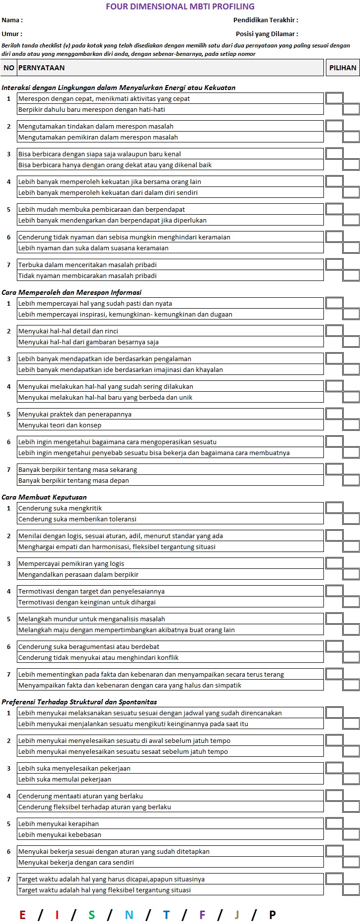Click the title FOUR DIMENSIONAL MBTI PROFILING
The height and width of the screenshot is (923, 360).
[x=180, y=6]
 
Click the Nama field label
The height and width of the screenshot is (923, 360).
[x=12, y=20]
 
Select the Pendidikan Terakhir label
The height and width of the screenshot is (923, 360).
[x=266, y=20]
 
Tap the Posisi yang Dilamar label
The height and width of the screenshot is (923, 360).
[x=267, y=34]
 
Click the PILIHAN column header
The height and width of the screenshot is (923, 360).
[x=342, y=68]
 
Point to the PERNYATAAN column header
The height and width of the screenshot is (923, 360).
[x=42, y=68]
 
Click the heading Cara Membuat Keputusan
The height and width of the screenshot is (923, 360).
[x=44, y=497]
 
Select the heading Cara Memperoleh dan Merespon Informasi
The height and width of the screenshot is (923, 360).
[x=71, y=292]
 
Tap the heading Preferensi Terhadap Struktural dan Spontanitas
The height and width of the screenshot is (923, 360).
[x=79, y=702]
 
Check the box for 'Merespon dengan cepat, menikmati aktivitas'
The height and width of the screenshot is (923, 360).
[x=334, y=98]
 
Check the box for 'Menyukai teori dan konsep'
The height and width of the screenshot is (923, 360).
[x=351, y=424]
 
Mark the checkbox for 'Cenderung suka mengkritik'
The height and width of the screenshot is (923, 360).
[x=334, y=508]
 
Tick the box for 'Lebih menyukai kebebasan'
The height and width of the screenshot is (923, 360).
[x=351, y=834]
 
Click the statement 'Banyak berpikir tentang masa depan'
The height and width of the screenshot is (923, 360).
[x=74, y=480]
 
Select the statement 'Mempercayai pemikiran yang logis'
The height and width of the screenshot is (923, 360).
[x=71, y=563]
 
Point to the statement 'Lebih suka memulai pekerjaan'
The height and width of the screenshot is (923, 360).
[x=65, y=779]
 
